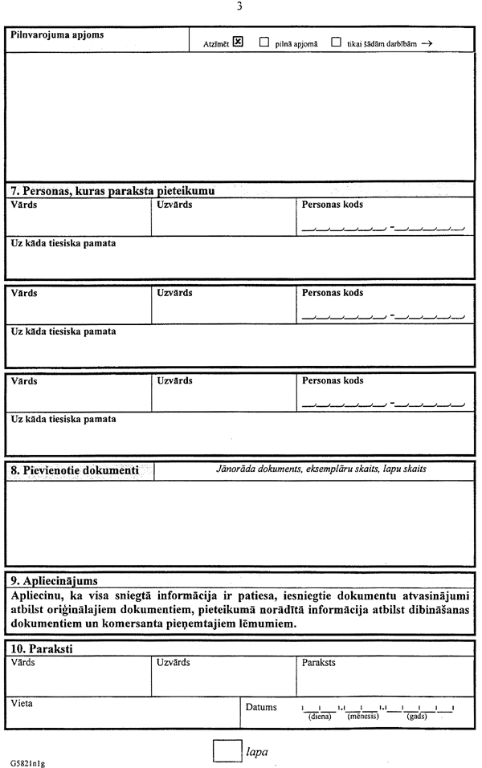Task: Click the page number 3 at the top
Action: click(239, 7)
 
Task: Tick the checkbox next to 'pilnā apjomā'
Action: click(264, 43)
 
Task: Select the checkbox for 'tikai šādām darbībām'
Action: click(336, 43)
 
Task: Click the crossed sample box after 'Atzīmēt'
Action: click(238, 43)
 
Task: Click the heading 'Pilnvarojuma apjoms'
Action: click(57, 35)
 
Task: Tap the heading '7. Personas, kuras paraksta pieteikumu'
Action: click(112, 191)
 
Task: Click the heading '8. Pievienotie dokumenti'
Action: click(75, 469)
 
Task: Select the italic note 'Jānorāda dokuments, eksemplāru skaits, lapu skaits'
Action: click(321, 468)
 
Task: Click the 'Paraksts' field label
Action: click(319, 663)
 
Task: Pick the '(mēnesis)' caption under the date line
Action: click(363, 716)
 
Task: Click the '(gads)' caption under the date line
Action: click(417, 716)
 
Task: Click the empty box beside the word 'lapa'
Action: click(227, 751)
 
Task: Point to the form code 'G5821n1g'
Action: click(28, 763)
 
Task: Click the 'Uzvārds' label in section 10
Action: click(174, 663)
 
